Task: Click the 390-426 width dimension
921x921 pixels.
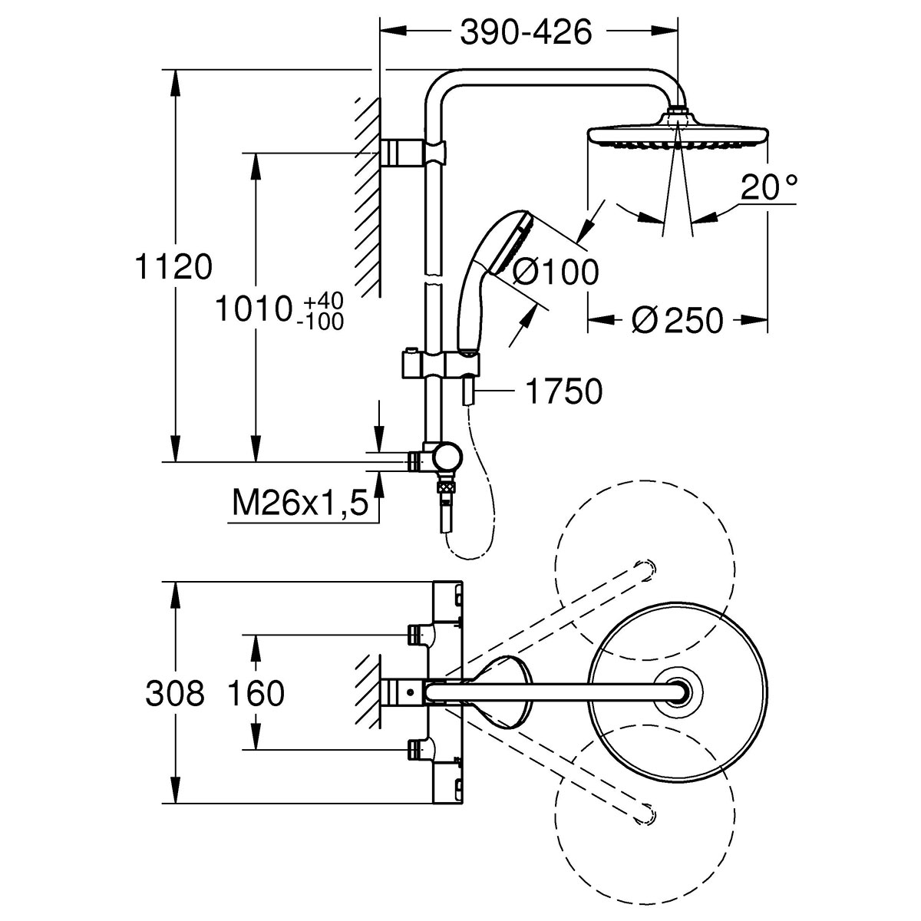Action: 526,32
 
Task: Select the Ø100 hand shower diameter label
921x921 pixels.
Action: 555,272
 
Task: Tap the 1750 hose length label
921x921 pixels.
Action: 563,392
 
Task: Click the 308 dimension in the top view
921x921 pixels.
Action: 175,694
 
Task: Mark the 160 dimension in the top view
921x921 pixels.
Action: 256,694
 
